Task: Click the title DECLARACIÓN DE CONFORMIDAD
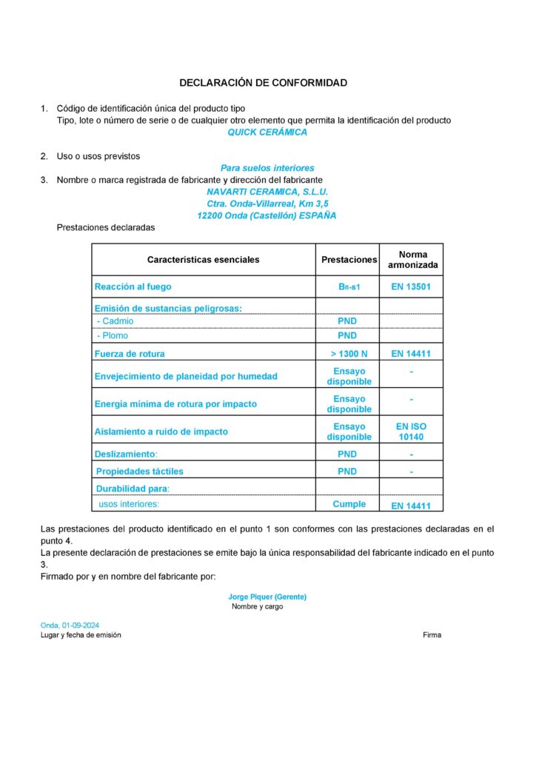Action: click(263, 83)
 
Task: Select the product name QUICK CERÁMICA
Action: click(267, 133)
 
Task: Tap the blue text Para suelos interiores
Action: click(267, 168)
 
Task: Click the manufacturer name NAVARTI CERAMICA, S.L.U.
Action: click(267, 192)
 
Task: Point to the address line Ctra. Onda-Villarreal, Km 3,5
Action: click(267, 204)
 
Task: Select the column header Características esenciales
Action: click(203, 260)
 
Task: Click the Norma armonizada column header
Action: click(412, 260)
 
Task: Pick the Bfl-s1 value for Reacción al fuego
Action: click(348, 286)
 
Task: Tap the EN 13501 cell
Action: click(411, 286)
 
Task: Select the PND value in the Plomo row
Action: click(347, 335)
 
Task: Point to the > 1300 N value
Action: click(349, 354)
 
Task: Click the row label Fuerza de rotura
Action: click(130, 354)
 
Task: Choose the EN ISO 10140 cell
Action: click(411, 432)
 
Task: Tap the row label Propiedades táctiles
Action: click(140, 472)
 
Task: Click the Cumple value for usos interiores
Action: click(349, 504)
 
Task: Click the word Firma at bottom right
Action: click(432, 635)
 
